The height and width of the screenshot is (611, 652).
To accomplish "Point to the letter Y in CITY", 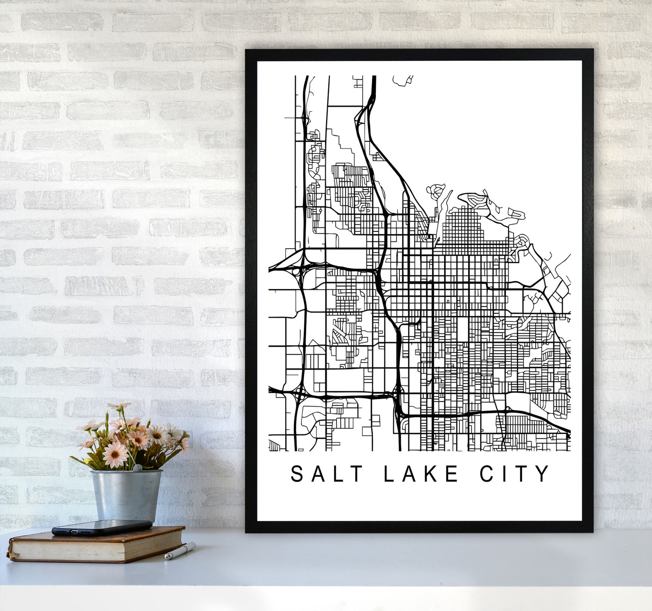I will (543, 474).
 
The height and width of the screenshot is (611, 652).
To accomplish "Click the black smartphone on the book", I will (102, 527).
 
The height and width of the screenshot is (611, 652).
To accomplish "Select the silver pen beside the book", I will (180, 551).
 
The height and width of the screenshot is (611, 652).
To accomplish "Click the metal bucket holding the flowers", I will (126, 494).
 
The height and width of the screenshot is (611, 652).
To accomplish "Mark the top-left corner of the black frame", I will (246, 50).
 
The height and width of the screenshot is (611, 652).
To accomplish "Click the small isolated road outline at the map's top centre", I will (402, 80).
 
